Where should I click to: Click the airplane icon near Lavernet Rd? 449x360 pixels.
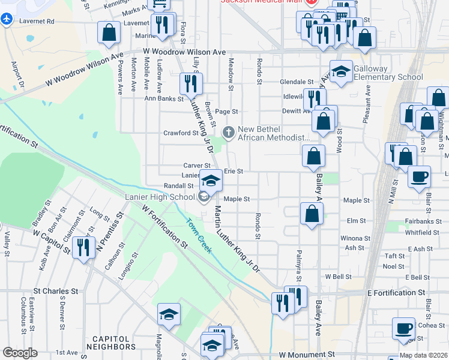point(7,19)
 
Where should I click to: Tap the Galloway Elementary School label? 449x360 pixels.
point(388,73)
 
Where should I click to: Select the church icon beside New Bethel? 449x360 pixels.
point(229,131)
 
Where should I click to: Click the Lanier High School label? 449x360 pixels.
point(160,196)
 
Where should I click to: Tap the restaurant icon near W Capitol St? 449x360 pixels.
point(83,247)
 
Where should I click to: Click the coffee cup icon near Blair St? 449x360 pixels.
point(420,176)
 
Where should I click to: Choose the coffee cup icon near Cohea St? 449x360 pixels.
point(403,328)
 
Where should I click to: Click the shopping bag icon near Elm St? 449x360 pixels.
point(312,213)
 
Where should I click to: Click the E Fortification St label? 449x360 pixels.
point(396,293)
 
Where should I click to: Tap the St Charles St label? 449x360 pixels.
point(56,291)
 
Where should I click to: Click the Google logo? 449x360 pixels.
point(20,353)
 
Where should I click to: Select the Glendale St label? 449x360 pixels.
point(297,82)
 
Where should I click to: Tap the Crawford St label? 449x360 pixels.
point(181,133)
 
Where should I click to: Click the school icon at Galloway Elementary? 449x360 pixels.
point(341,73)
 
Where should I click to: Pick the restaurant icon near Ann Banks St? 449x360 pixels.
point(191,83)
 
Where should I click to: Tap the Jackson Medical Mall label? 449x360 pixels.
point(261,2)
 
